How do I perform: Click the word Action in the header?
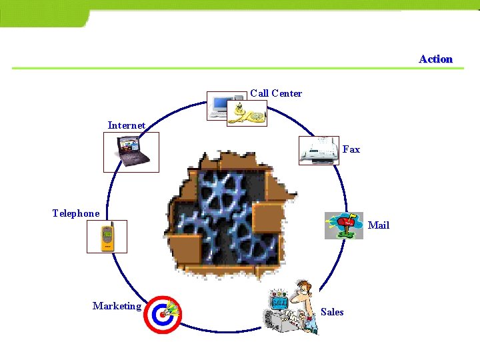click(x=435, y=59)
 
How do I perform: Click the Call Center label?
click(x=276, y=93)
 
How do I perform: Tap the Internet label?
click(x=127, y=125)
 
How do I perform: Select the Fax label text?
click(x=351, y=149)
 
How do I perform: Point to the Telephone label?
click(x=76, y=213)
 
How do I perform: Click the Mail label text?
click(x=379, y=225)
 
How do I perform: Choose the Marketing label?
click(x=117, y=306)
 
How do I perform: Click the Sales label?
click(x=332, y=311)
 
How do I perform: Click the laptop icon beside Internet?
click(x=131, y=152)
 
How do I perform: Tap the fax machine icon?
click(x=319, y=150)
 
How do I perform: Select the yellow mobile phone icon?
click(x=106, y=237)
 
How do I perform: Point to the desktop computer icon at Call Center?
click(x=219, y=105)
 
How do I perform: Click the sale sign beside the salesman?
click(x=279, y=303)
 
